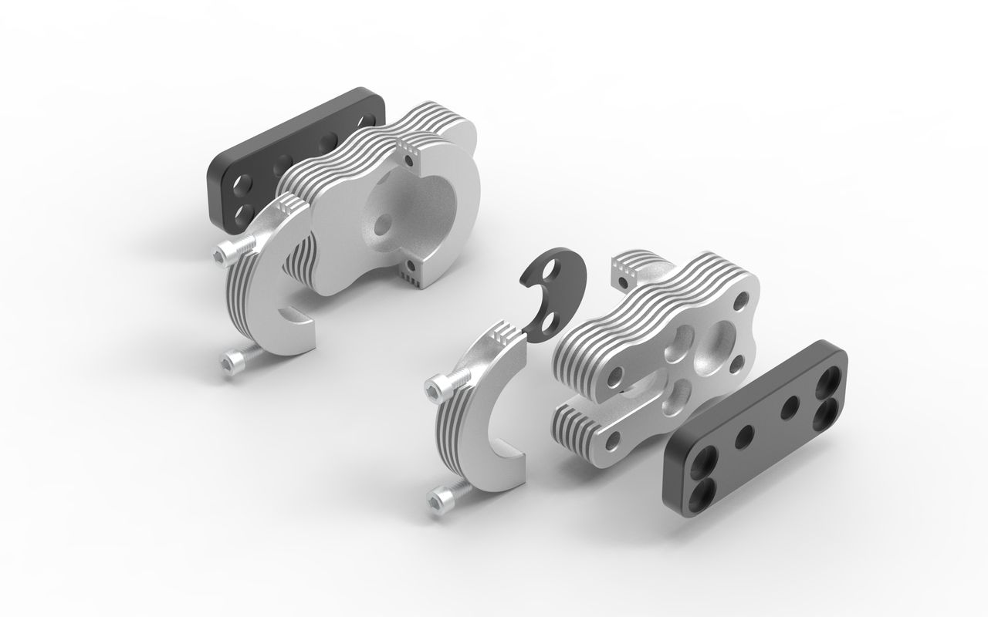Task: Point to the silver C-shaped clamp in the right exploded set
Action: [x=479, y=416]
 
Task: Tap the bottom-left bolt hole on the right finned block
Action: [x=613, y=440]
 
